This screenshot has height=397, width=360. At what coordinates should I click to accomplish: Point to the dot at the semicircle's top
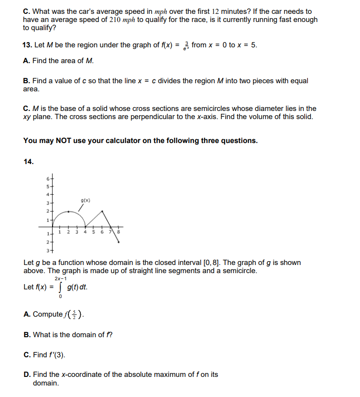[69, 211]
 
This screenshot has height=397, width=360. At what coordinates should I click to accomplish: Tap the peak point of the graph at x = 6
[102, 211]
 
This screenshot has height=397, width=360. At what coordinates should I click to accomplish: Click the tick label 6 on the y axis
[47, 178]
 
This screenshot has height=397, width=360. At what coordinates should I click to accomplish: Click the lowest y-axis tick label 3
[47, 251]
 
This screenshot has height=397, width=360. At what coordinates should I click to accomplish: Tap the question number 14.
[28, 161]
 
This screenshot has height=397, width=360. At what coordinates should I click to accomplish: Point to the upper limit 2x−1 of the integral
[60, 278]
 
